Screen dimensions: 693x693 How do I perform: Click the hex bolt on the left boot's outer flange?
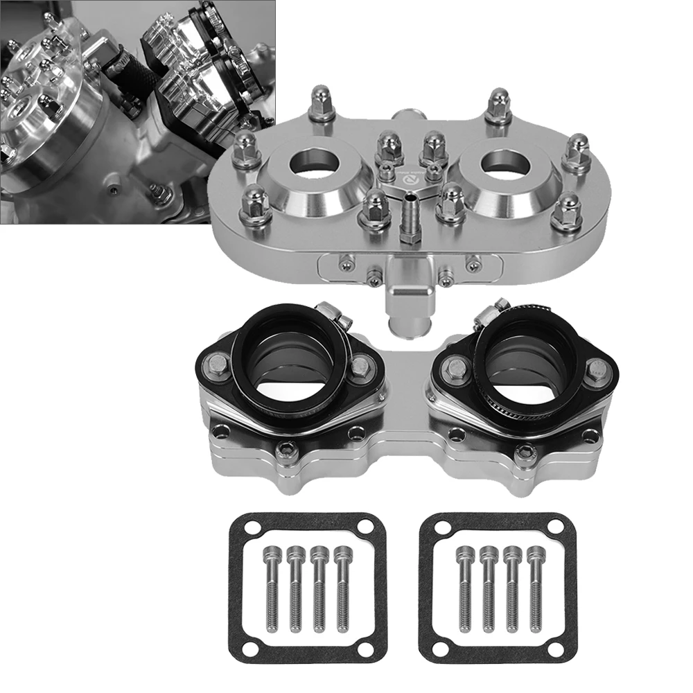[217, 360]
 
